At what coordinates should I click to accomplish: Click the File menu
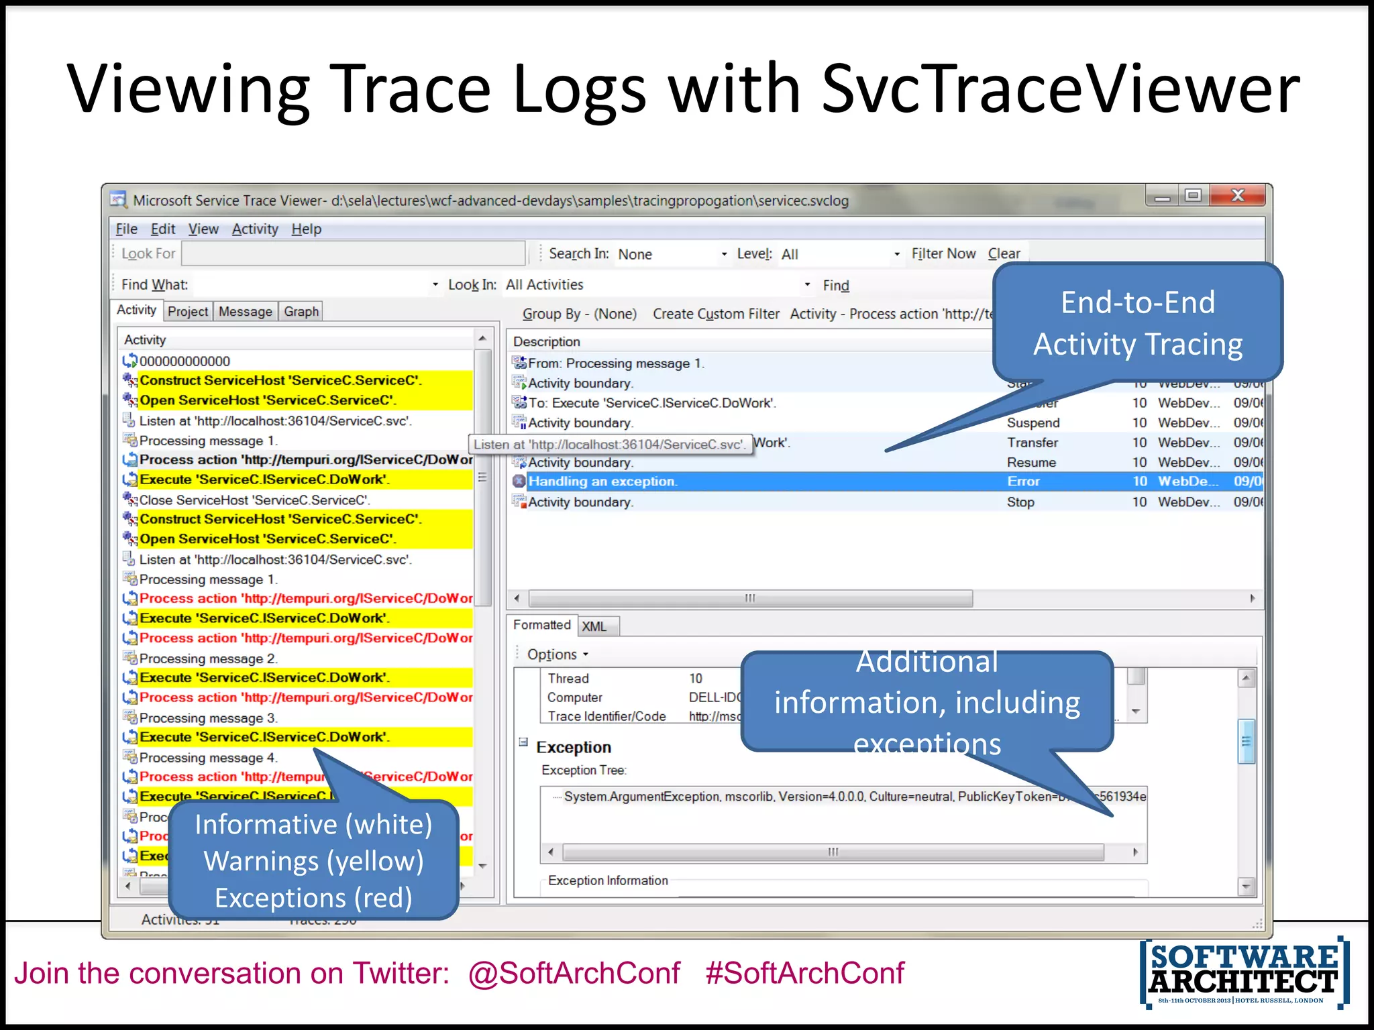click(126, 229)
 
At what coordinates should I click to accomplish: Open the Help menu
click(306, 229)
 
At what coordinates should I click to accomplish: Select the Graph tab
click(301, 312)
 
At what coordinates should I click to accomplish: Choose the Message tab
click(245, 312)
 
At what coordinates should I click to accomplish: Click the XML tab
click(594, 626)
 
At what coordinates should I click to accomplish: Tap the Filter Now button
click(943, 254)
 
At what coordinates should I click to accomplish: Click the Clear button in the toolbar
click(1004, 254)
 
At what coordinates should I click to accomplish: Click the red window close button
click(1238, 196)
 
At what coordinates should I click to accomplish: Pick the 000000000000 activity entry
click(184, 361)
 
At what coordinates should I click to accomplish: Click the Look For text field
click(353, 254)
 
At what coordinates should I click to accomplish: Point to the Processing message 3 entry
click(208, 718)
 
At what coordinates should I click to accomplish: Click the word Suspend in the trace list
click(1033, 423)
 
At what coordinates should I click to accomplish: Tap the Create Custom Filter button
click(715, 314)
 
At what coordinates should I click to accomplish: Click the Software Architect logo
click(1245, 972)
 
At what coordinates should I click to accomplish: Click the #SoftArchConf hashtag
click(804, 973)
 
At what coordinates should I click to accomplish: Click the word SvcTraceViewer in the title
click(1060, 89)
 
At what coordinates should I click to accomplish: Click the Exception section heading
click(573, 748)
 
